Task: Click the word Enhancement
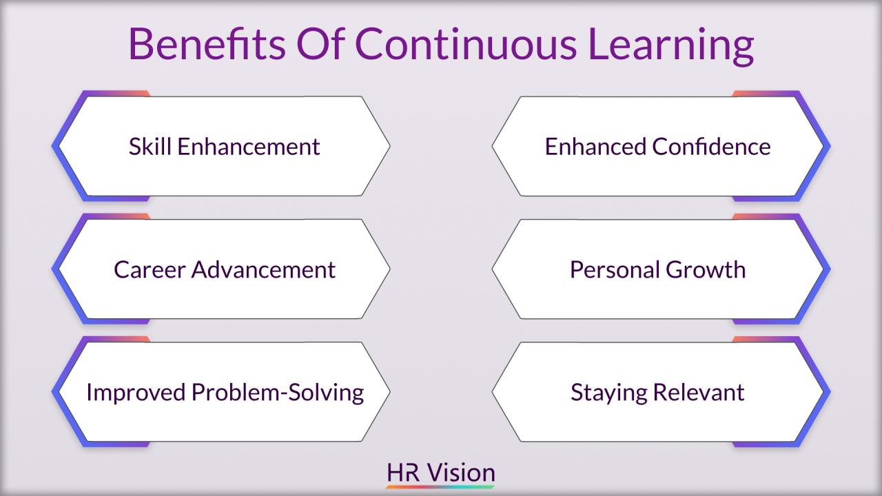[246, 146]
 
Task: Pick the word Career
[149, 269]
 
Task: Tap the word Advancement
[263, 269]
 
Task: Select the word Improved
[136, 392]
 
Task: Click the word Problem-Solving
[278, 392]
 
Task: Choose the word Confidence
[711, 146]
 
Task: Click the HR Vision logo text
[441, 473]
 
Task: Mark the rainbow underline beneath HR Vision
[441, 487]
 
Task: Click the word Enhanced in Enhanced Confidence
[595, 146]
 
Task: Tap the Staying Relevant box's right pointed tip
[823, 392]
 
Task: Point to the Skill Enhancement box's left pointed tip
[58, 146]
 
